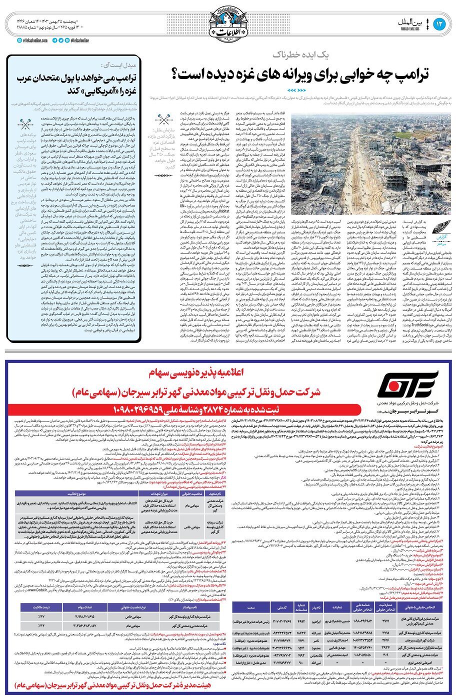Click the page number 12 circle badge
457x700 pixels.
(x=440, y=24)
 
